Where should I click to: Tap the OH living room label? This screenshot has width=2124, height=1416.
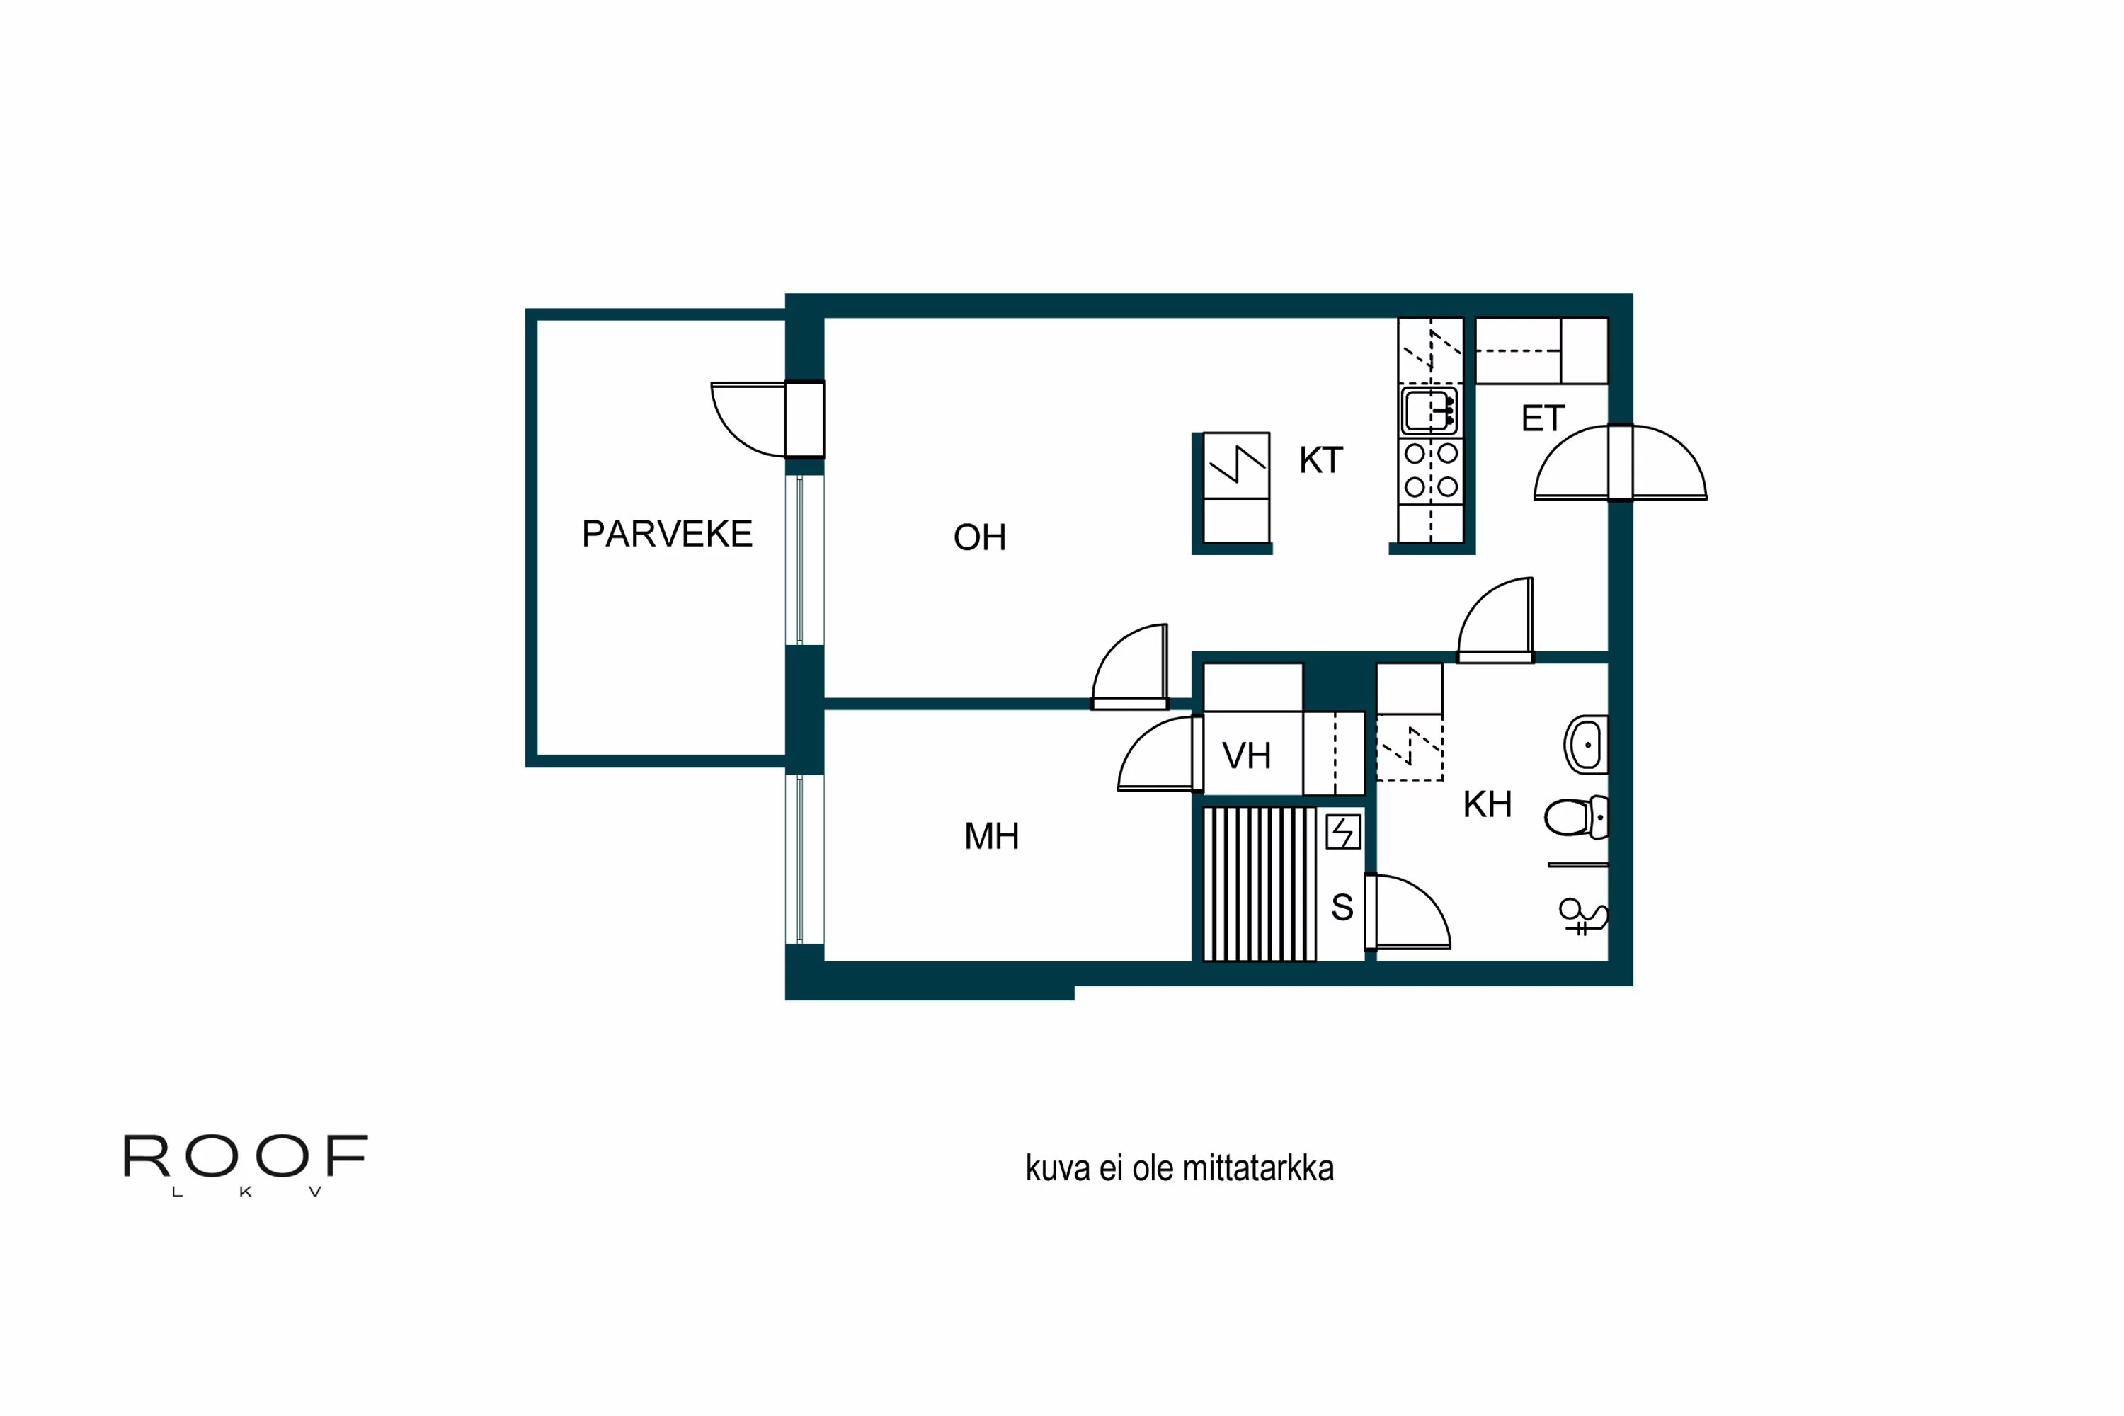point(979,537)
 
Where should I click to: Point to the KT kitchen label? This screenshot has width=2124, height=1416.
point(1320,461)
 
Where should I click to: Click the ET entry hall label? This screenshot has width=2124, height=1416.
point(1543,418)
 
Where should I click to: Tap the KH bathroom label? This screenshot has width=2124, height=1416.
point(1486,804)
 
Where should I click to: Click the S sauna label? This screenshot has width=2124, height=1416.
point(1342,908)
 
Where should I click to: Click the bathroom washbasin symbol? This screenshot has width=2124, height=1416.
point(1586,745)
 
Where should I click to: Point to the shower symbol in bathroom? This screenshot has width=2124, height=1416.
point(1582,917)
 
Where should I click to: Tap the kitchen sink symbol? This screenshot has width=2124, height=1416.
point(1429,411)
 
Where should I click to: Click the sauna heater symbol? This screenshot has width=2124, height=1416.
point(1343,832)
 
